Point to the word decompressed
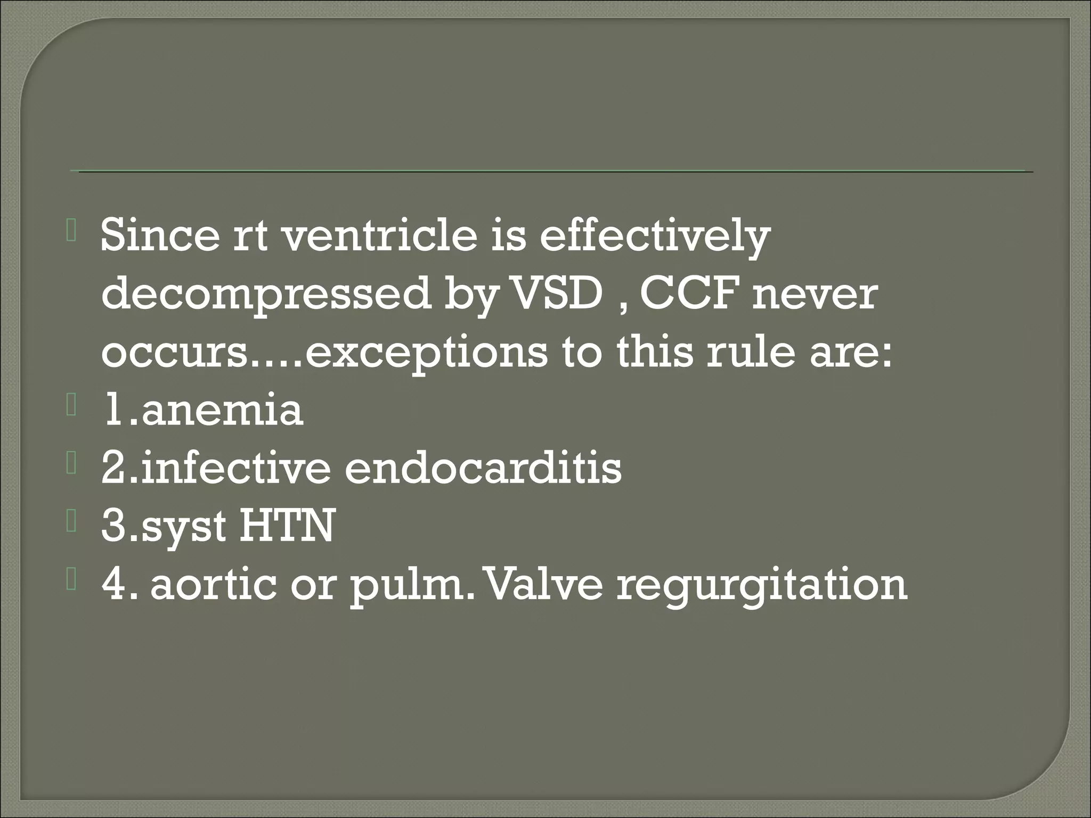point(266,295)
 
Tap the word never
point(815,294)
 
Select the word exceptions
point(426,353)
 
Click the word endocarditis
point(483,468)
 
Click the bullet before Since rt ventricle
point(72,234)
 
